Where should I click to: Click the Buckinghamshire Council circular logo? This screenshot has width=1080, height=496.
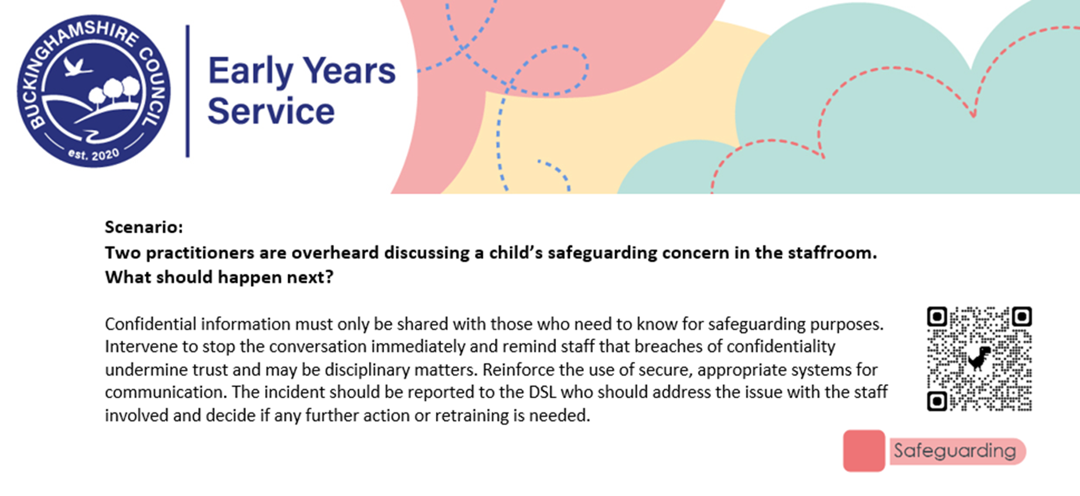coord(94,91)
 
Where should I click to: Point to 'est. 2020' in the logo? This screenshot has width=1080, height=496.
coord(94,154)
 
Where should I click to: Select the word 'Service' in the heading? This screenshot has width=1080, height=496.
coord(271,111)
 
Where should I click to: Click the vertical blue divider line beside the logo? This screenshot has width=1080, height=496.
coord(187,91)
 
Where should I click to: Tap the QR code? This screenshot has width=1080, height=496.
coord(979,359)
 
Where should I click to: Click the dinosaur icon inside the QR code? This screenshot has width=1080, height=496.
coord(979,358)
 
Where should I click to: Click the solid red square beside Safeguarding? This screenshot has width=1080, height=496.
coord(864,450)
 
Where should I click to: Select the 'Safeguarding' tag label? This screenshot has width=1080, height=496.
coord(955,451)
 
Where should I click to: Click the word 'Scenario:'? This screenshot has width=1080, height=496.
coord(143,226)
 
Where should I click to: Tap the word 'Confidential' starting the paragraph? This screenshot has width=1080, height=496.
coord(151,323)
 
